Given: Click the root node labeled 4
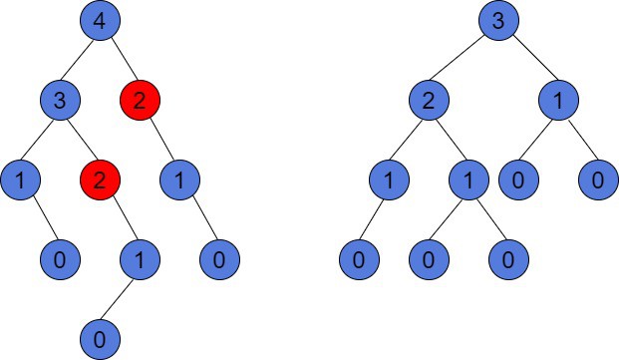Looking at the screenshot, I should [x=100, y=21].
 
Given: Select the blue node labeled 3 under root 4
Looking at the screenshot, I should [x=60, y=101].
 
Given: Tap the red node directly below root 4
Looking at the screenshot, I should [x=140, y=101].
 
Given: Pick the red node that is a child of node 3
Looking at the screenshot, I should [x=100, y=180].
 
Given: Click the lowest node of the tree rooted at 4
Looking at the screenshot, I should [x=100, y=340].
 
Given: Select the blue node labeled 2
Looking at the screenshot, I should [x=429, y=101].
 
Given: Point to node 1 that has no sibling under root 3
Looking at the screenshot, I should [x=558, y=101].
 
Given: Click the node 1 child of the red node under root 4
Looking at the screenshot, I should [x=179, y=180].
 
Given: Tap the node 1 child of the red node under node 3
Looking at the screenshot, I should [x=140, y=260].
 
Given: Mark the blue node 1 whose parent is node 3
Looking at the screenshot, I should [x=20, y=180].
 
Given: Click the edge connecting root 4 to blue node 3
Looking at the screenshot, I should [x=80, y=61].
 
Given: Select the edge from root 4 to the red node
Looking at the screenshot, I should [x=120, y=61].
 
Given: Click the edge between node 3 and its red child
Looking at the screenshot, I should [x=80, y=141].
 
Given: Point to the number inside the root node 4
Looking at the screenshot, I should [x=100, y=21].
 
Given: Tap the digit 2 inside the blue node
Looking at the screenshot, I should [x=429, y=101].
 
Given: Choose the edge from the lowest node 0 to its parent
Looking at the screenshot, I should [x=120, y=300].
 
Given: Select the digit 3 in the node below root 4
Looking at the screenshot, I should [x=60, y=101].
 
